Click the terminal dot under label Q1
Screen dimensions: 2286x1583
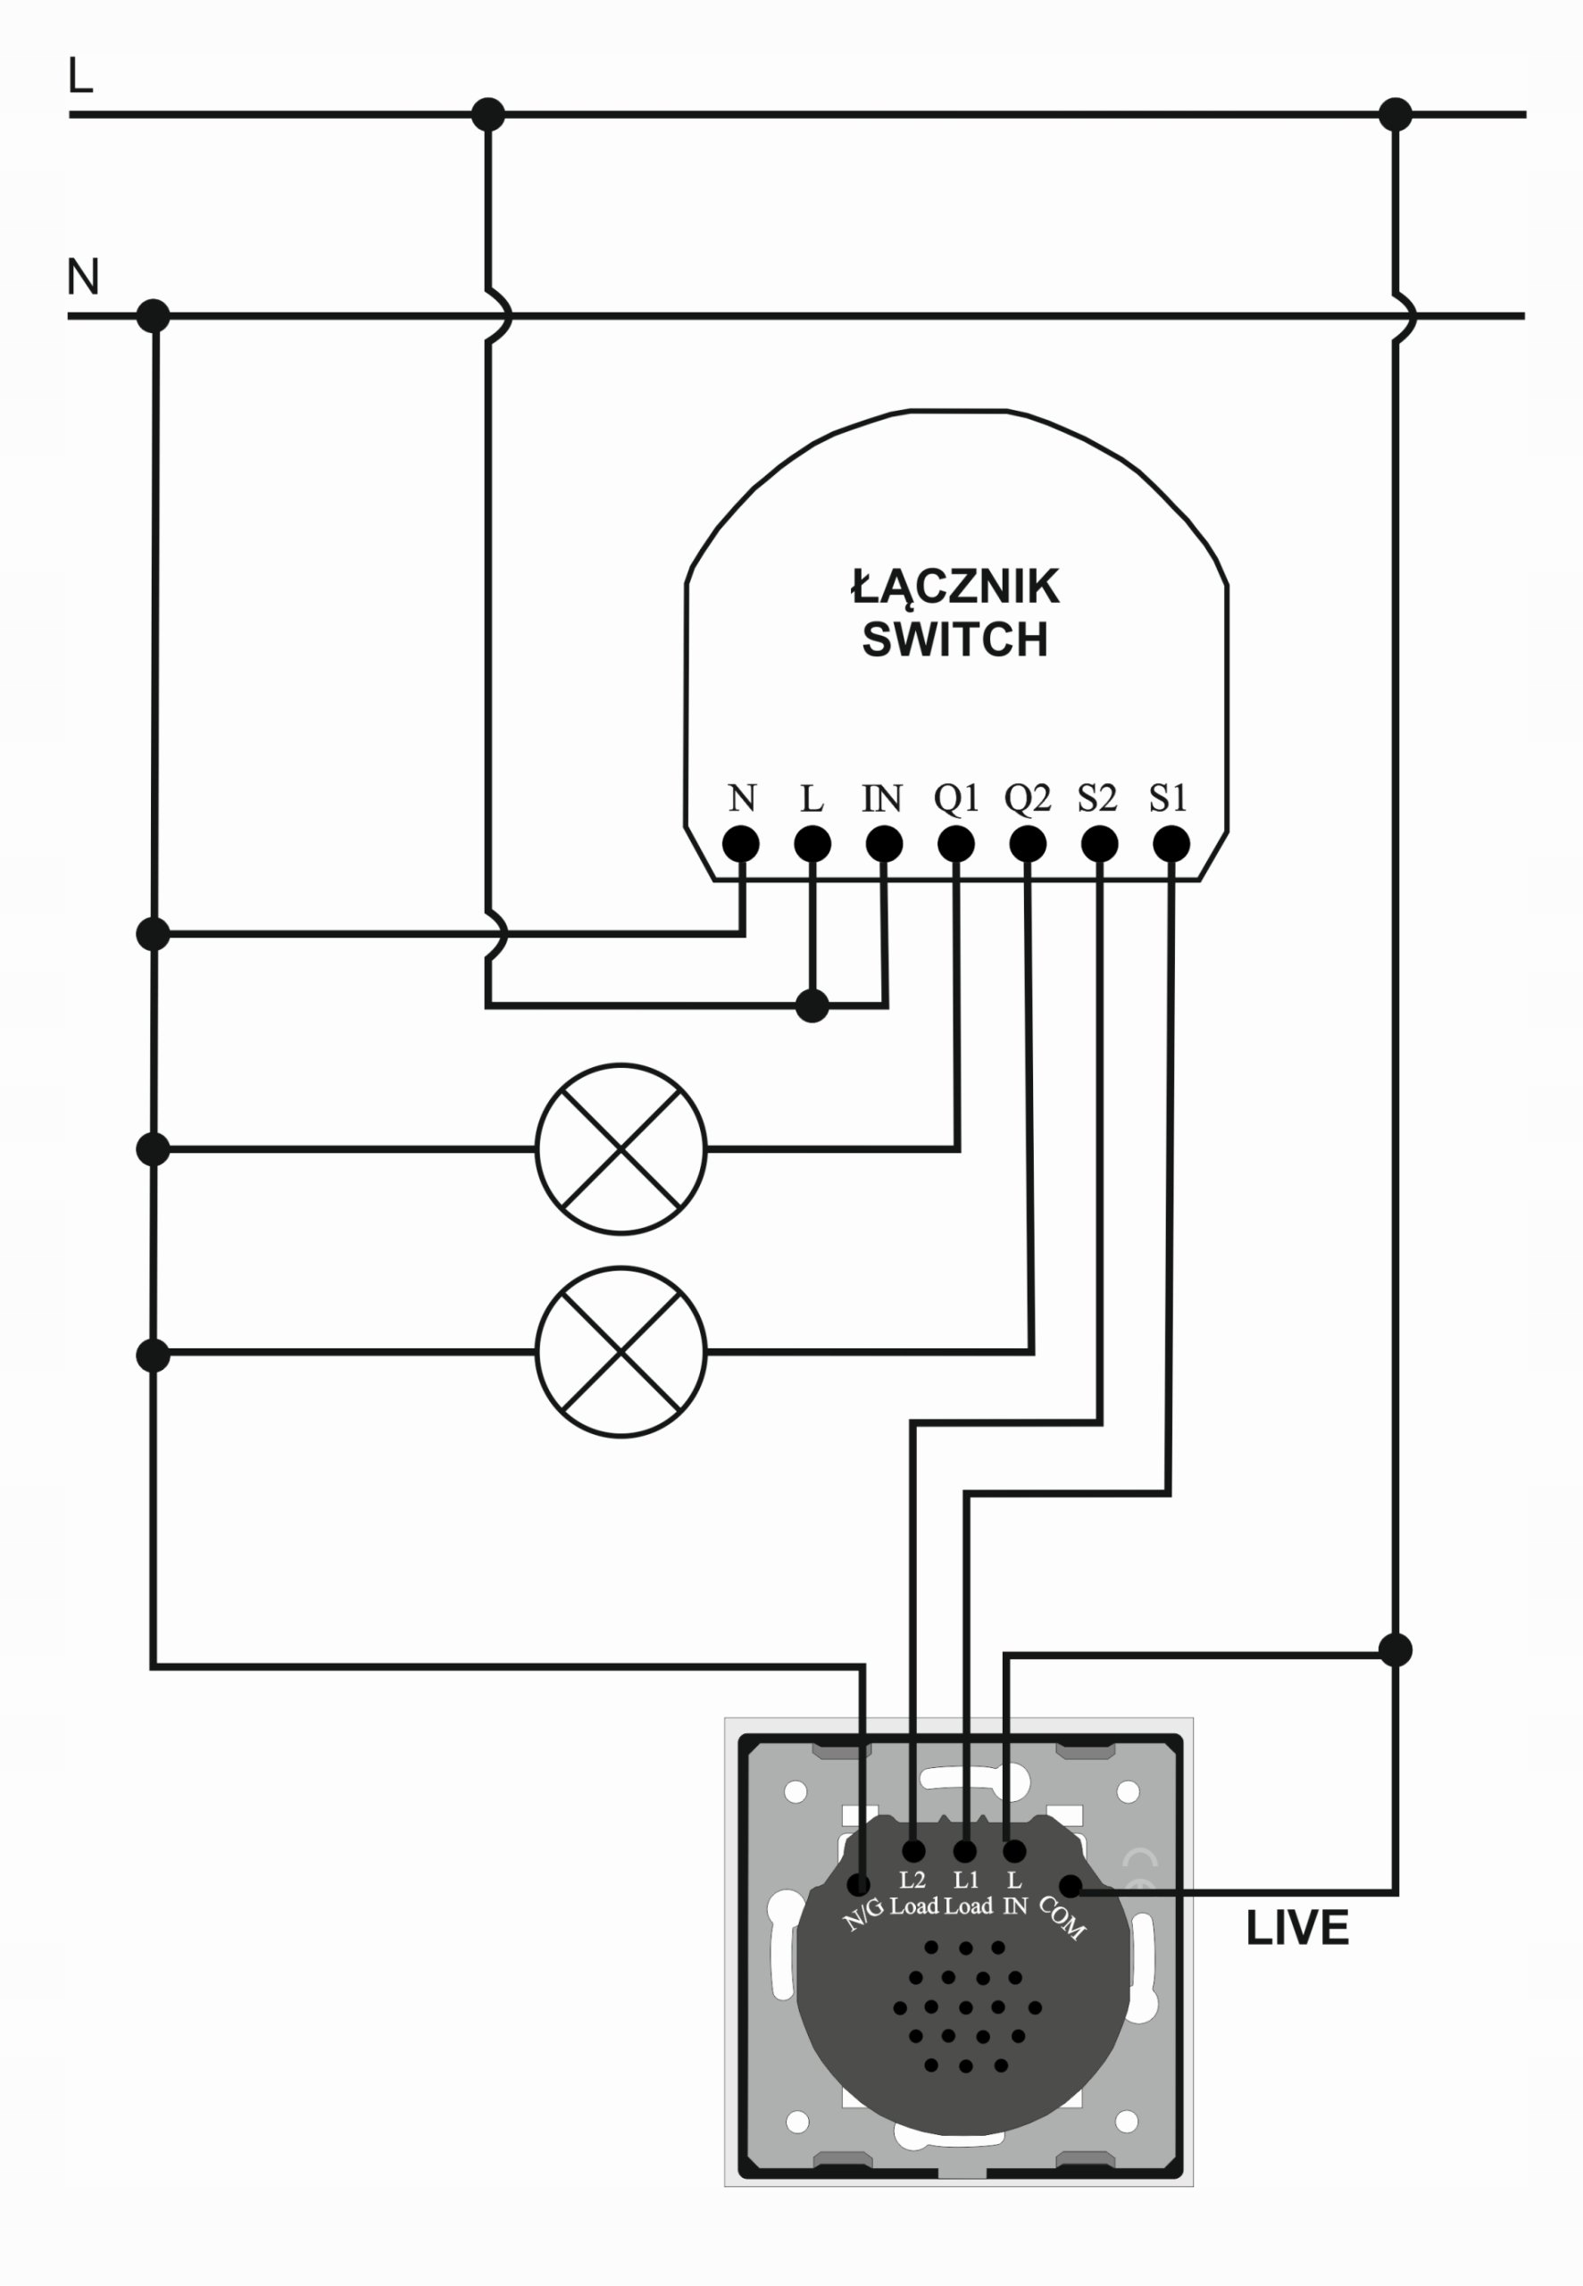[955, 845]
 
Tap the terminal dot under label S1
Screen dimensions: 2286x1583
[1171, 845]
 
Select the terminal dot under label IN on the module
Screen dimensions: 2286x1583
[884, 845]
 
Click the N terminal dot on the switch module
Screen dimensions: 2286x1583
[741, 845]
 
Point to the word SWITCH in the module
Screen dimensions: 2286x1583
[954, 639]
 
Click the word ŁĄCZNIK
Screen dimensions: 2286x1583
[955, 587]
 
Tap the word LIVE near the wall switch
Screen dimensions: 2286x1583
[1296, 1928]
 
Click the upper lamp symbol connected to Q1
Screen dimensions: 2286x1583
[621, 1148]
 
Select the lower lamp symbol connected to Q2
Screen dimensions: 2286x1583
[621, 1351]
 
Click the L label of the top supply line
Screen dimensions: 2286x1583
[80, 77]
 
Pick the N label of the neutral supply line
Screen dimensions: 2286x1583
[82, 278]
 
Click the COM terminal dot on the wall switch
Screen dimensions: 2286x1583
[1071, 1885]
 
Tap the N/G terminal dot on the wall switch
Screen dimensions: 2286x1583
[859, 1884]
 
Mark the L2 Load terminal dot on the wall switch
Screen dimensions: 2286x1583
[913, 1850]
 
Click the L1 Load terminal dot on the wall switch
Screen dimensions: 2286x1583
[964, 1850]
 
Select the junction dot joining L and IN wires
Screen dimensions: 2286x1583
[812, 1006]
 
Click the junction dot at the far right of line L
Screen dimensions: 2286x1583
[1395, 115]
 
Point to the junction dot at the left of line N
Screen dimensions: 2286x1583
[153, 316]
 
